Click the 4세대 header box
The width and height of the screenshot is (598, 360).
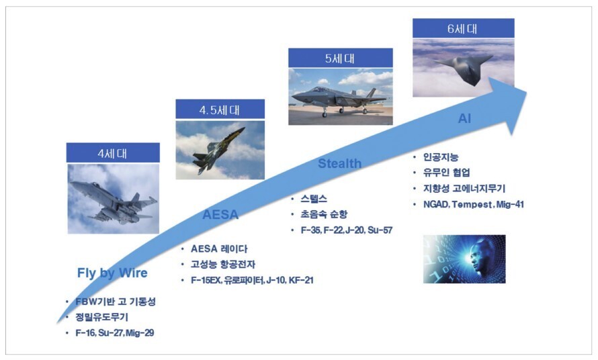click(113, 152)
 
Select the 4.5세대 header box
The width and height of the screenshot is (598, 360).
click(220, 109)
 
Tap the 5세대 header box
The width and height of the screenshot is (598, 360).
click(341, 58)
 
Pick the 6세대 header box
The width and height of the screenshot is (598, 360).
click(464, 28)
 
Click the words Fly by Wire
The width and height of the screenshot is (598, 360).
click(112, 273)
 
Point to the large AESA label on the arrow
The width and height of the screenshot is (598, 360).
click(220, 215)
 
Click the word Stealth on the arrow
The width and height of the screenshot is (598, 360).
click(339, 164)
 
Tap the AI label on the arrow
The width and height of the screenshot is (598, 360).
click(464, 119)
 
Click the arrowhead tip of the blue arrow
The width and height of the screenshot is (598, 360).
click(527, 92)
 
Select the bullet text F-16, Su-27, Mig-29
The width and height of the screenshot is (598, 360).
click(115, 333)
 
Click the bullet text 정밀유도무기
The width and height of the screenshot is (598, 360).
click(102, 317)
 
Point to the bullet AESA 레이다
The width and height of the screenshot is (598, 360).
click(219, 249)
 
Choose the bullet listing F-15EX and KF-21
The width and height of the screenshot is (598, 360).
click(252, 280)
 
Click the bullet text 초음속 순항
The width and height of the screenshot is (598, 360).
click(324, 214)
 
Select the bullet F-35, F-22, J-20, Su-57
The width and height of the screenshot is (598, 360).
click(347, 230)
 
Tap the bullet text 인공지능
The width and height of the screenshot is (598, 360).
click(441, 156)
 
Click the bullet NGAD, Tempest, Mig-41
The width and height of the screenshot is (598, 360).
click(474, 204)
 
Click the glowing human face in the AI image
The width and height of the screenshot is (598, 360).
click(478, 259)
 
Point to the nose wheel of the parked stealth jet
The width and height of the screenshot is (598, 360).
click(325, 114)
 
